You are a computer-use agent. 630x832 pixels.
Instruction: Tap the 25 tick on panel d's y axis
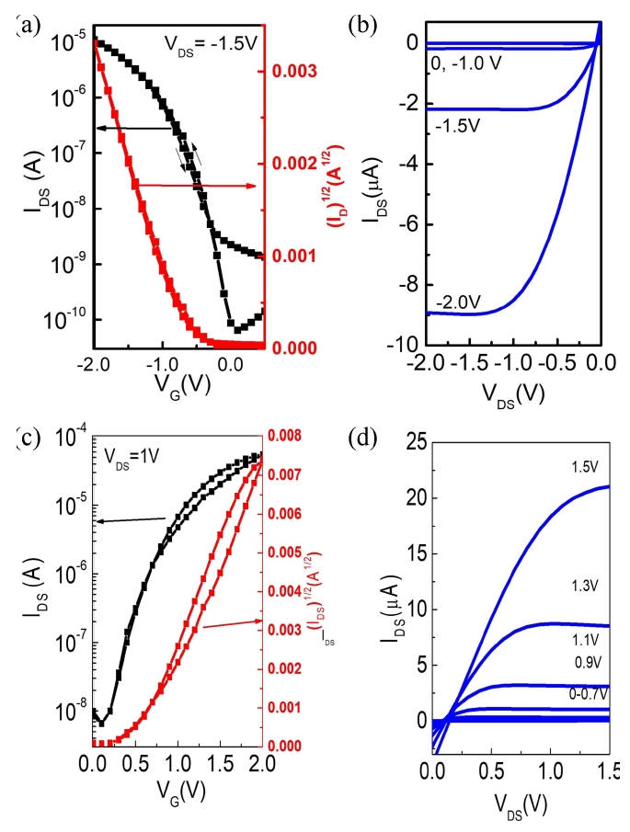coord(413,443)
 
